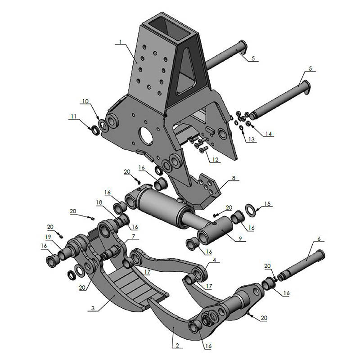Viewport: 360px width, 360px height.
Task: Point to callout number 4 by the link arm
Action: coord(214,260)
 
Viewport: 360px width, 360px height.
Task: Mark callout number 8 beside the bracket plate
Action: coord(233,178)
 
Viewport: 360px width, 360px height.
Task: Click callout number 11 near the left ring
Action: coord(73,117)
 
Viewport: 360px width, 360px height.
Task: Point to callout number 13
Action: coord(251,139)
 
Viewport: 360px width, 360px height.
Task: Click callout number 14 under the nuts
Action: coord(269,134)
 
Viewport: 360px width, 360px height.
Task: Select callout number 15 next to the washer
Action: coord(268,204)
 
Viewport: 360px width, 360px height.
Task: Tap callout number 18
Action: coord(99,203)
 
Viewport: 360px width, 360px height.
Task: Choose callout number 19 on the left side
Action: coord(48,237)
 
